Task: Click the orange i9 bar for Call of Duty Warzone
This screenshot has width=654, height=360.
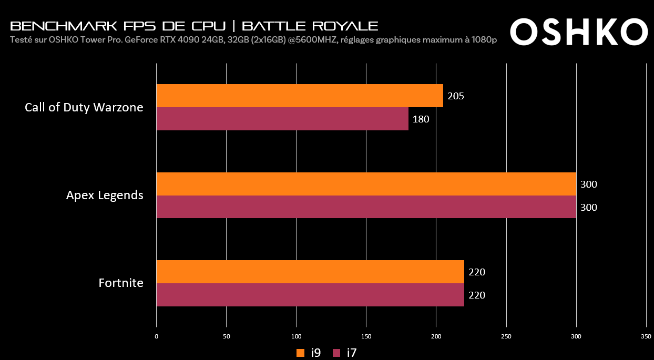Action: pos(300,96)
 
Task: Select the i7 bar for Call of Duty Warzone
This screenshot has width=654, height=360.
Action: pos(282,119)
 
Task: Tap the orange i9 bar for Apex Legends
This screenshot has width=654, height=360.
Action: pos(366,184)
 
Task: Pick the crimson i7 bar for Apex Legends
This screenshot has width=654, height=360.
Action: pos(366,207)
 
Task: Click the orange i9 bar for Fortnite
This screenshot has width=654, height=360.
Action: pos(310,272)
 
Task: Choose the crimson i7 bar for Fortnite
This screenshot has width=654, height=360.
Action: pos(310,295)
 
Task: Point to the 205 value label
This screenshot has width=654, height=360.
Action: pos(456,96)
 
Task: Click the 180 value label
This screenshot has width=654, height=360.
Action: pos(421,119)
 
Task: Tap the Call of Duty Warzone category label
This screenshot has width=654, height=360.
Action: pos(84,107)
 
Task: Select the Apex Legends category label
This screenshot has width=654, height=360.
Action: pos(105,196)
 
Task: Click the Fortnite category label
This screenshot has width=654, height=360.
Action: pos(121,283)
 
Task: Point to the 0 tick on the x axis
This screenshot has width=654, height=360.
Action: pos(157,336)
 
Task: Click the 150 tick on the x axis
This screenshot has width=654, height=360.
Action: pos(366,336)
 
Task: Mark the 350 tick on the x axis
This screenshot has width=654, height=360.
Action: pos(646,336)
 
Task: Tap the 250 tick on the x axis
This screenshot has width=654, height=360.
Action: pos(506,336)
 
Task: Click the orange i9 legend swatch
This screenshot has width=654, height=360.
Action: pos(301,353)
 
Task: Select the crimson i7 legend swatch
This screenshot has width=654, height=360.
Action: pos(337,353)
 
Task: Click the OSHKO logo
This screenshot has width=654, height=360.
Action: pos(579,32)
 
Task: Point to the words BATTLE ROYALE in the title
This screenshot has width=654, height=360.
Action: pos(310,26)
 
